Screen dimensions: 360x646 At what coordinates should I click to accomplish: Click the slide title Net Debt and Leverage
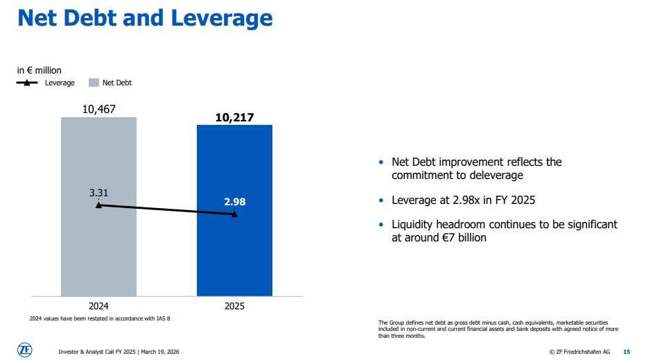(145, 18)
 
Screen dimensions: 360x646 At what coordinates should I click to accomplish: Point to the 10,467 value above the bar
(98, 109)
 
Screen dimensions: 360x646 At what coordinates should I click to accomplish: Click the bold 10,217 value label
(234, 117)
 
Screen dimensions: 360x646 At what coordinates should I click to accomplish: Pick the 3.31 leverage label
(98, 192)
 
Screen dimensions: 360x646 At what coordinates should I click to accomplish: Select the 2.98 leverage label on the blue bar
(234, 202)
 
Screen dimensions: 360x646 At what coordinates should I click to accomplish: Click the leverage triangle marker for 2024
(98, 205)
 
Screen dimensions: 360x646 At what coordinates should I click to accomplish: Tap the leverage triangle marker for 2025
(234, 214)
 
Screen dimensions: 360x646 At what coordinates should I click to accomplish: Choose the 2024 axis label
(98, 305)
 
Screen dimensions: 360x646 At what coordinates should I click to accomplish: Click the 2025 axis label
(234, 305)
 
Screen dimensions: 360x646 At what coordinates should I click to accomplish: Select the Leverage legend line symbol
(27, 83)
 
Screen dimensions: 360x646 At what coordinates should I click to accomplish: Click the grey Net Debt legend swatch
(94, 83)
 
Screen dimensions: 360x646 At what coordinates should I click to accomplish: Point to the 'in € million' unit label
(40, 70)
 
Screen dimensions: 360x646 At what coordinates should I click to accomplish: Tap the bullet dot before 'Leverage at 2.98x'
(381, 201)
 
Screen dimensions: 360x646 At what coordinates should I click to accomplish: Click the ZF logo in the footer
(24, 350)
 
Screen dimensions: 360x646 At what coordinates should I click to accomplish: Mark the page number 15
(627, 352)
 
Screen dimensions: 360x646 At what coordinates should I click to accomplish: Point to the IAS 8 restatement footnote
(100, 318)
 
